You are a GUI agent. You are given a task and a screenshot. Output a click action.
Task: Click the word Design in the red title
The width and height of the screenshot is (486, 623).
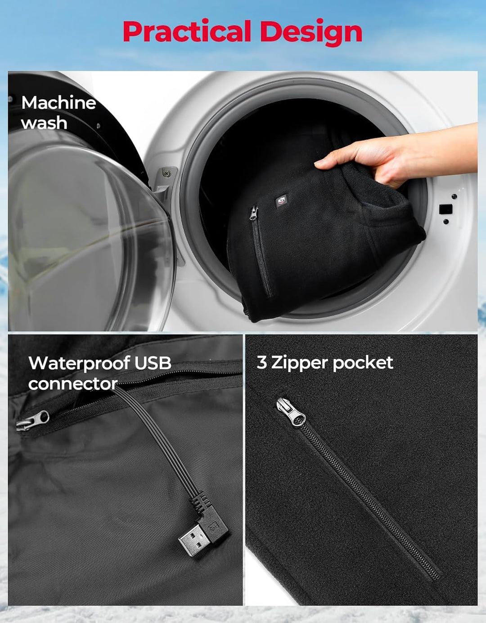(311, 33)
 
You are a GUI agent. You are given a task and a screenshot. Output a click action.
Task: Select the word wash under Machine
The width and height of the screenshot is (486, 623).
(44, 123)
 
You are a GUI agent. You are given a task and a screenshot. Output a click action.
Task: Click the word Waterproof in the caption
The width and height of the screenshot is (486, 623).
(79, 363)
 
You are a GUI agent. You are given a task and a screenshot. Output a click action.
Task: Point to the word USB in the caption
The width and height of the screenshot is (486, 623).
(153, 363)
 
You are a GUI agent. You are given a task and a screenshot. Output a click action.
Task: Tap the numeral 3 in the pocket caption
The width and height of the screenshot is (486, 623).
(261, 362)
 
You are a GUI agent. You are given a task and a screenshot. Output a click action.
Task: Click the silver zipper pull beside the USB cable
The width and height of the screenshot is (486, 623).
(32, 422)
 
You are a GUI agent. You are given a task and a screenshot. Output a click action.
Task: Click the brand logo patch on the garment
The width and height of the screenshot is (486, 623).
(281, 200)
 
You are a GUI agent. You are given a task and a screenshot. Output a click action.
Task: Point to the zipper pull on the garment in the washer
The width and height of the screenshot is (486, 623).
(254, 214)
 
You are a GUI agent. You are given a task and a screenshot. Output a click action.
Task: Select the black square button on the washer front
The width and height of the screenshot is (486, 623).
(445, 209)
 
